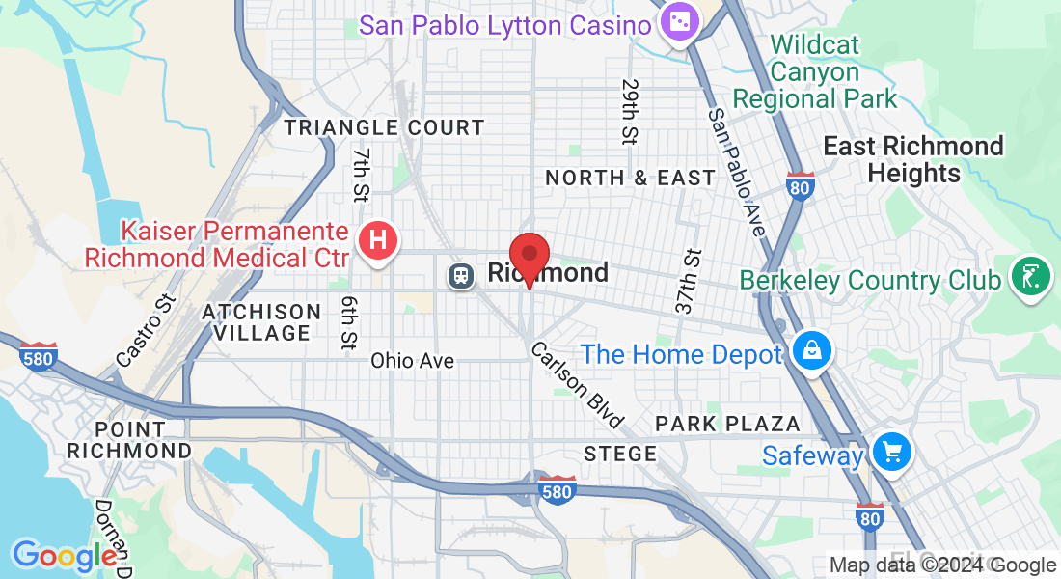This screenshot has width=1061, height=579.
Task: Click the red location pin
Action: (x=529, y=256)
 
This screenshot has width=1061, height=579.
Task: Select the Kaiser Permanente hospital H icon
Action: (x=378, y=238)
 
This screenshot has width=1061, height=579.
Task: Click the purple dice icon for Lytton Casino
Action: (x=679, y=23)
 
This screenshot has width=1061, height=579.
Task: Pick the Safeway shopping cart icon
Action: (x=891, y=451)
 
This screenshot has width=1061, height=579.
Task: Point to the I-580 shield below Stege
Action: (x=558, y=488)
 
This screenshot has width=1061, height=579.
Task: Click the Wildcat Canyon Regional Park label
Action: (x=815, y=72)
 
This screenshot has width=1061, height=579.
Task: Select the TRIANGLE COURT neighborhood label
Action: (x=384, y=127)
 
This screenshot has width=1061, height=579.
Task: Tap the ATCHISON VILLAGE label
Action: (x=260, y=322)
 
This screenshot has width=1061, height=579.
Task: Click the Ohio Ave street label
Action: (x=412, y=361)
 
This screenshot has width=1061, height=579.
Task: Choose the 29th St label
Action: (x=630, y=112)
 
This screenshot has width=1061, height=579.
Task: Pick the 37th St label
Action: (x=687, y=283)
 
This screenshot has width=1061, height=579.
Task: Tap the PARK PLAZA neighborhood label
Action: (x=727, y=424)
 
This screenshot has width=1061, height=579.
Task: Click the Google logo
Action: (x=65, y=556)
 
